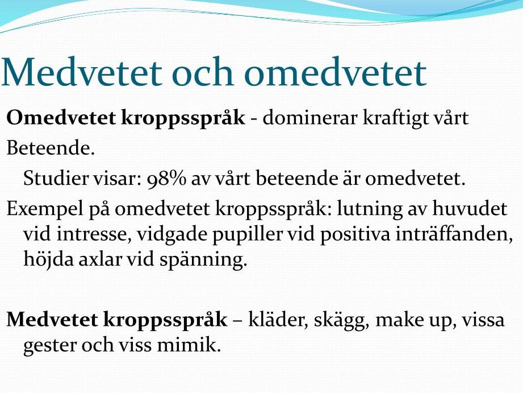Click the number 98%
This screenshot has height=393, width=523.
point(166,179)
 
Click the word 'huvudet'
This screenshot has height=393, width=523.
point(470,208)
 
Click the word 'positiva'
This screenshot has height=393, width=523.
point(355,234)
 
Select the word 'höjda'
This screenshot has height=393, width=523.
point(49,259)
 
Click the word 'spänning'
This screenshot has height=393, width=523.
point(203,260)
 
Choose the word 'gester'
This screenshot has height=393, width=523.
point(50,346)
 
